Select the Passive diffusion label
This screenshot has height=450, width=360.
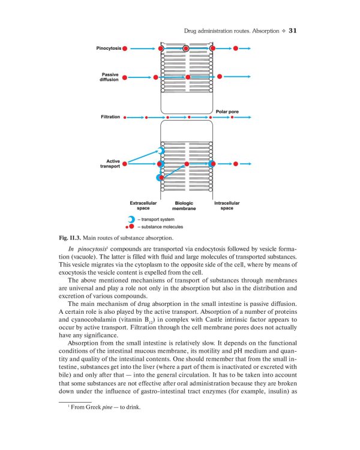110,77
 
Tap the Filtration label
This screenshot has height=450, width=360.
110,117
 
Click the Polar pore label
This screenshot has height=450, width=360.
226,112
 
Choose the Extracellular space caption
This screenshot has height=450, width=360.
143,206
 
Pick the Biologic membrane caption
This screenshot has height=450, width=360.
184,206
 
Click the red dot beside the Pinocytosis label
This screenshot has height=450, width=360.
125,48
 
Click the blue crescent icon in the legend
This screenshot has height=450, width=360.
130,220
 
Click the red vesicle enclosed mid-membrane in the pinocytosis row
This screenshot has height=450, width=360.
187,48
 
